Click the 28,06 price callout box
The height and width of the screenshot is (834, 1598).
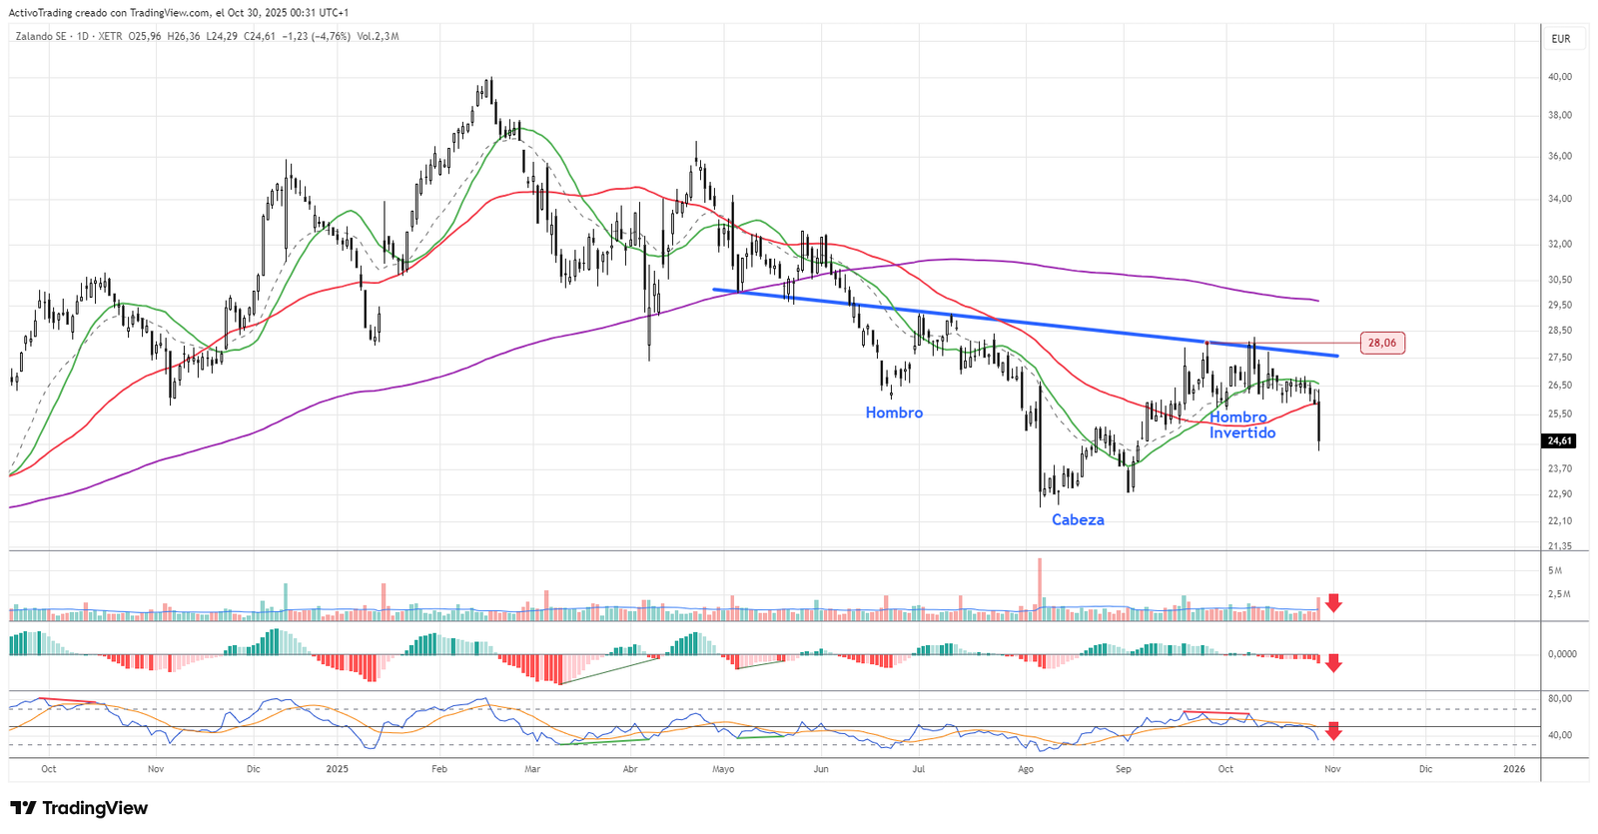point(1382,343)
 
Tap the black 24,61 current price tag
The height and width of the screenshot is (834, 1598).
point(1559,440)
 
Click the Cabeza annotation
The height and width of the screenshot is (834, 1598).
point(1078,519)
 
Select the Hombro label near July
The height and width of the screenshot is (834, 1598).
point(894,413)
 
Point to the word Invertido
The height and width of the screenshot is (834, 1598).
point(1242,432)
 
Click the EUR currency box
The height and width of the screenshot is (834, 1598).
point(1561,39)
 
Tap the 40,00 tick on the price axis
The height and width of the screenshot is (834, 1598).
point(1560,77)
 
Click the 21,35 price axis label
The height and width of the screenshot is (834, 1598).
point(1560,546)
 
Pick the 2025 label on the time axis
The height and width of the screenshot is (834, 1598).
point(338,769)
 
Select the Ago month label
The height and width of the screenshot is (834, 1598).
point(1026,769)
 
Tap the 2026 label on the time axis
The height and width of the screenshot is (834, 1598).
point(1514,769)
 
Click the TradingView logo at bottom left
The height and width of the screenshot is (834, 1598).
point(79,808)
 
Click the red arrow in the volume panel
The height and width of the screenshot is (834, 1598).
point(1333,603)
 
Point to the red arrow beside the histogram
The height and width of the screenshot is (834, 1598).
point(1333,663)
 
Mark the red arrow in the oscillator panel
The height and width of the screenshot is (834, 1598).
point(1333,731)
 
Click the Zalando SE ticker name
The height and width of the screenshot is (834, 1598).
point(41,37)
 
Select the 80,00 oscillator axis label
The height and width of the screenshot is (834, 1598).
point(1560,698)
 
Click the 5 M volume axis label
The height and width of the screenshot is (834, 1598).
point(1555,570)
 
